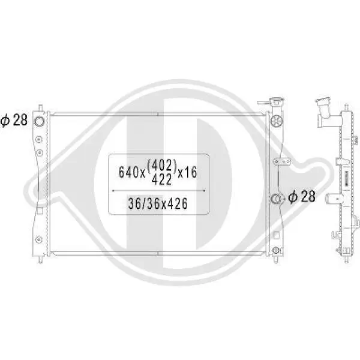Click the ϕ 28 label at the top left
tap(14, 120)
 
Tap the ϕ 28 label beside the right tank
tap(302, 197)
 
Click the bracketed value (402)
tap(162, 166)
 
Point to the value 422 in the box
tap(162, 179)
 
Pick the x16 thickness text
tap(188, 172)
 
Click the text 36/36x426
tap(158, 203)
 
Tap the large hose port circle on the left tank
tap(39, 121)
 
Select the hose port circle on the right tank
tap(277, 199)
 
